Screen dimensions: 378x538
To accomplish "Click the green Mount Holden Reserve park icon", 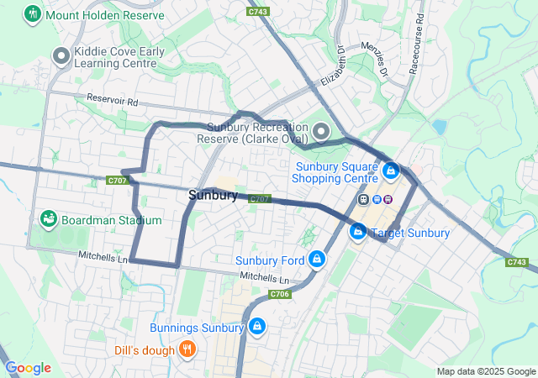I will pyautogui.click(x=33, y=14).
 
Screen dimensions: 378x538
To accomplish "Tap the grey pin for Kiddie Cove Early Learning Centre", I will pyautogui.click(x=61, y=56).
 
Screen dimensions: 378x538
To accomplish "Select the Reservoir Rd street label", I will pyautogui.click(x=113, y=100).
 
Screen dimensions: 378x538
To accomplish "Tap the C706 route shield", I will pyautogui.click(x=280, y=294).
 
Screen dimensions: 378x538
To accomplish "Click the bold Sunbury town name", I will pyautogui.click(x=213, y=195).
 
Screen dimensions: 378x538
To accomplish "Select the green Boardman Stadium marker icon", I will pyautogui.click(x=49, y=220).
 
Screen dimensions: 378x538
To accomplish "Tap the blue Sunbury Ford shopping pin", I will pyautogui.click(x=317, y=259).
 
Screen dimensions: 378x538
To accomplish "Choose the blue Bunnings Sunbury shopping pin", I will pyautogui.click(x=256, y=326).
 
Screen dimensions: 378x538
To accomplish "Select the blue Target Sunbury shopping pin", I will pyautogui.click(x=358, y=231).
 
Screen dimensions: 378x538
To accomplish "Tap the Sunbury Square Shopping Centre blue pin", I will pyautogui.click(x=390, y=171).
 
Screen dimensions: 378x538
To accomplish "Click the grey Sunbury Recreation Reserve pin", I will pyautogui.click(x=323, y=131).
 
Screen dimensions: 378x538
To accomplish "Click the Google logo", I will pyautogui.click(x=28, y=368).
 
